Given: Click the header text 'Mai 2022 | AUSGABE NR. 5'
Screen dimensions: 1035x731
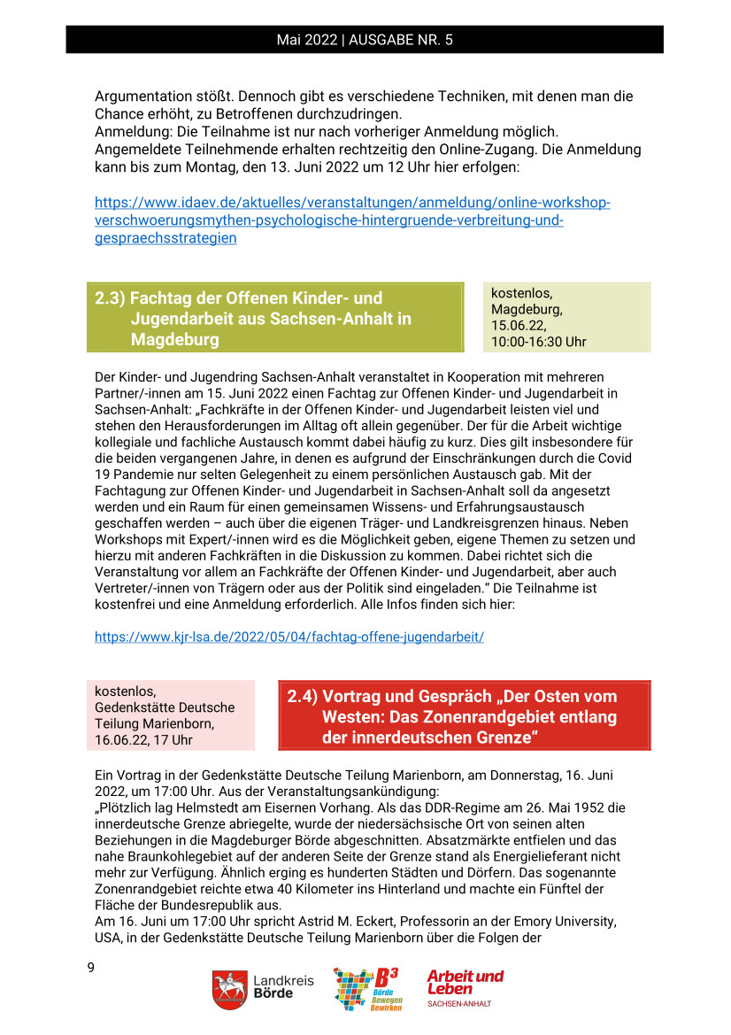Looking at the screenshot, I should pyautogui.click(x=365, y=40).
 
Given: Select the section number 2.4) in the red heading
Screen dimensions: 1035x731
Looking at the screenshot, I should pyautogui.click(x=302, y=697).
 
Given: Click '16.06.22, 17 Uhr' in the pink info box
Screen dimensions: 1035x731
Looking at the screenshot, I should pyautogui.click(x=143, y=739).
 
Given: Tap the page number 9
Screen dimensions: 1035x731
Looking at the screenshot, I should pyautogui.click(x=90, y=968).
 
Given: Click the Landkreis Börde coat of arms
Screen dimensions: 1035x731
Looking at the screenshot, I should pyautogui.click(x=228, y=988).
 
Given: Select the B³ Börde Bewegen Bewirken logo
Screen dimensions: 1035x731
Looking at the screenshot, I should pyautogui.click(x=366, y=988).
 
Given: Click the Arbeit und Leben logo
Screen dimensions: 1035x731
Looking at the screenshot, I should pyautogui.click(x=465, y=986).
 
